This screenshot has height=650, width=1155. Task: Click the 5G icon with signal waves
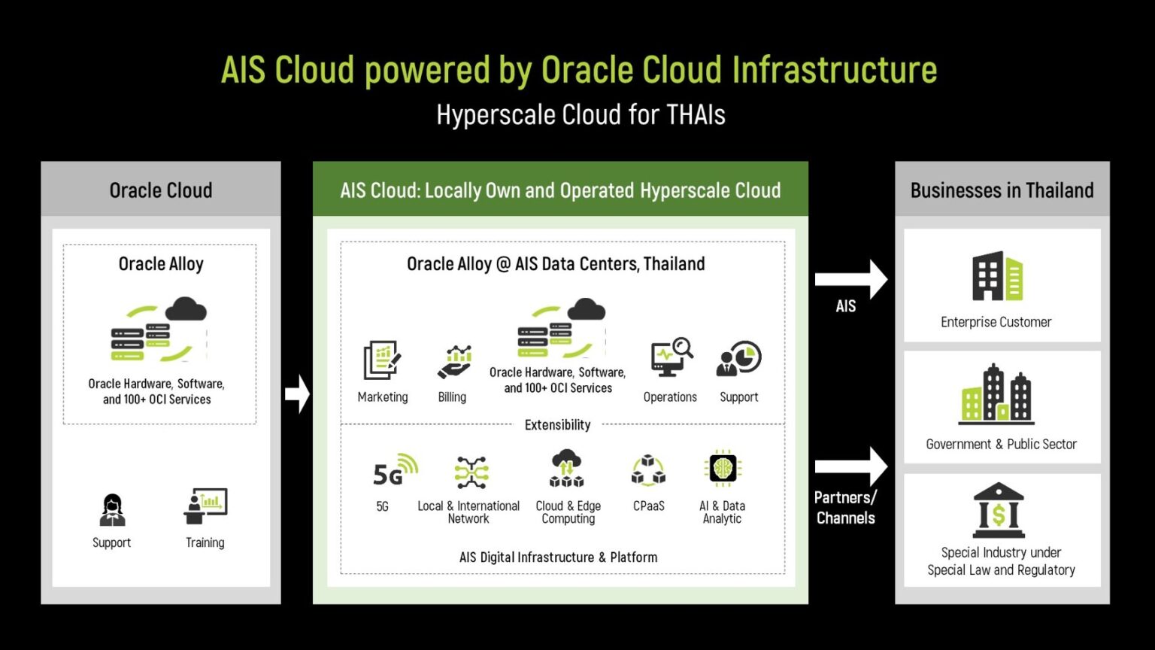[x=395, y=472]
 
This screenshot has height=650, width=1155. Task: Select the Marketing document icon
[x=382, y=360]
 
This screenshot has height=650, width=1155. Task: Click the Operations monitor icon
[x=671, y=357]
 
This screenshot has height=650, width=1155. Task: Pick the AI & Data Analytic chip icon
[x=723, y=469]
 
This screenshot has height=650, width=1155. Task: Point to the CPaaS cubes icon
[x=648, y=471]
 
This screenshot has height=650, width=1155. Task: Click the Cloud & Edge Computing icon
[x=567, y=469]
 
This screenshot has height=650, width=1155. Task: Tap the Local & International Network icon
[x=471, y=472]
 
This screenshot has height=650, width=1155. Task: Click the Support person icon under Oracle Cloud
[x=112, y=510]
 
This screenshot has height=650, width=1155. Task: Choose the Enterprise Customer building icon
[x=997, y=277]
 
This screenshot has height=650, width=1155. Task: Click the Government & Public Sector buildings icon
[x=996, y=395]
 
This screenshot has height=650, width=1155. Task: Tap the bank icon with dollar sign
[x=999, y=510]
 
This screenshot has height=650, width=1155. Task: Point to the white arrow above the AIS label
[x=850, y=280]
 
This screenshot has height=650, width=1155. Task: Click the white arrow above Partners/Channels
[x=850, y=466]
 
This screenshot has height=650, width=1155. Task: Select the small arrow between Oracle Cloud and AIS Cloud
[x=298, y=393]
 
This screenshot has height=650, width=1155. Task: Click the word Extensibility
[x=557, y=425]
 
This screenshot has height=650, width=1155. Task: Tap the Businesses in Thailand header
[x=1002, y=190]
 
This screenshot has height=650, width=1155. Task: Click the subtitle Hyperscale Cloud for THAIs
[x=581, y=115]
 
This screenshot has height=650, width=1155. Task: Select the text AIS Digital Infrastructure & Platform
[x=558, y=557]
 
